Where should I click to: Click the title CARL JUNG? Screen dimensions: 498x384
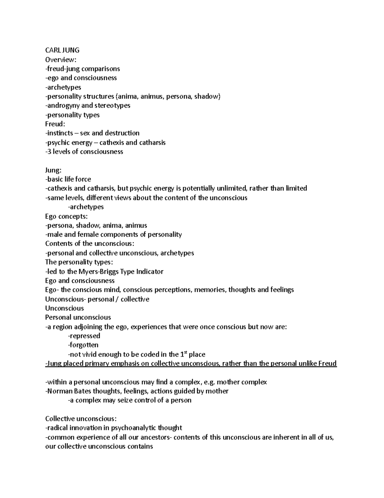pyautogui.click(x=62, y=50)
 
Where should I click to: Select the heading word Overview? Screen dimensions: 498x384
pyautogui.click(x=61, y=60)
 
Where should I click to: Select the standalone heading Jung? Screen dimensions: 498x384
pyautogui.click(x=53, y=170)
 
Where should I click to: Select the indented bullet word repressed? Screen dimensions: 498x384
pyautogui.click(x=85, y=336)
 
